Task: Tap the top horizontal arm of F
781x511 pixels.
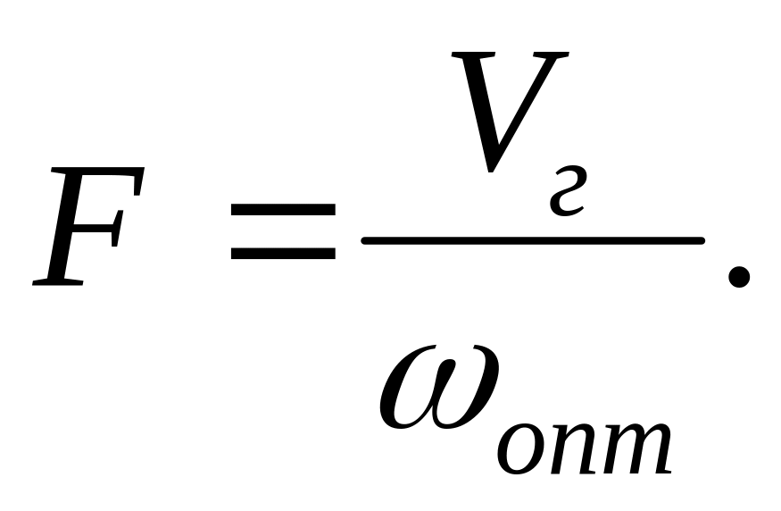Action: (103, 179)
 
